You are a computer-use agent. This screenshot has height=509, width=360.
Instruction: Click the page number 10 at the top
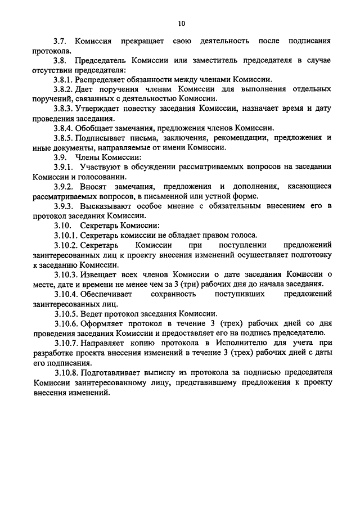(x=181, y=23)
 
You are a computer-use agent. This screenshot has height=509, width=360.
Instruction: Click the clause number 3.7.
(x=60, y=42)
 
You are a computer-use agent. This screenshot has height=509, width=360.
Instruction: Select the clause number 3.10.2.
(x=67, y=245)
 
